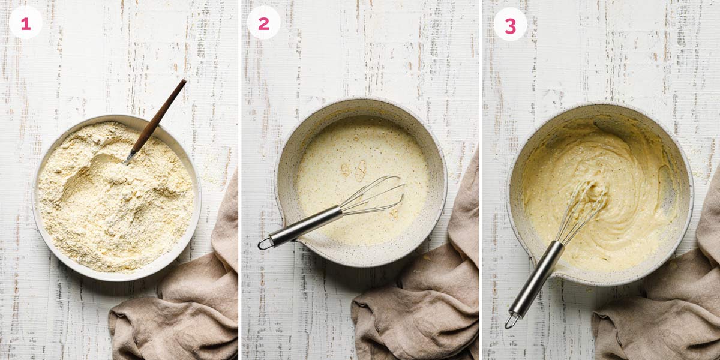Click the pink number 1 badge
click(x=25, y=23)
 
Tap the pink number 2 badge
click(x=263, y=23)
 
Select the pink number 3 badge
click(x=510, y=25)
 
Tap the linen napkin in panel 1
click(x=180, y=312)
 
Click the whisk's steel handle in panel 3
click(x=537, y=276)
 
